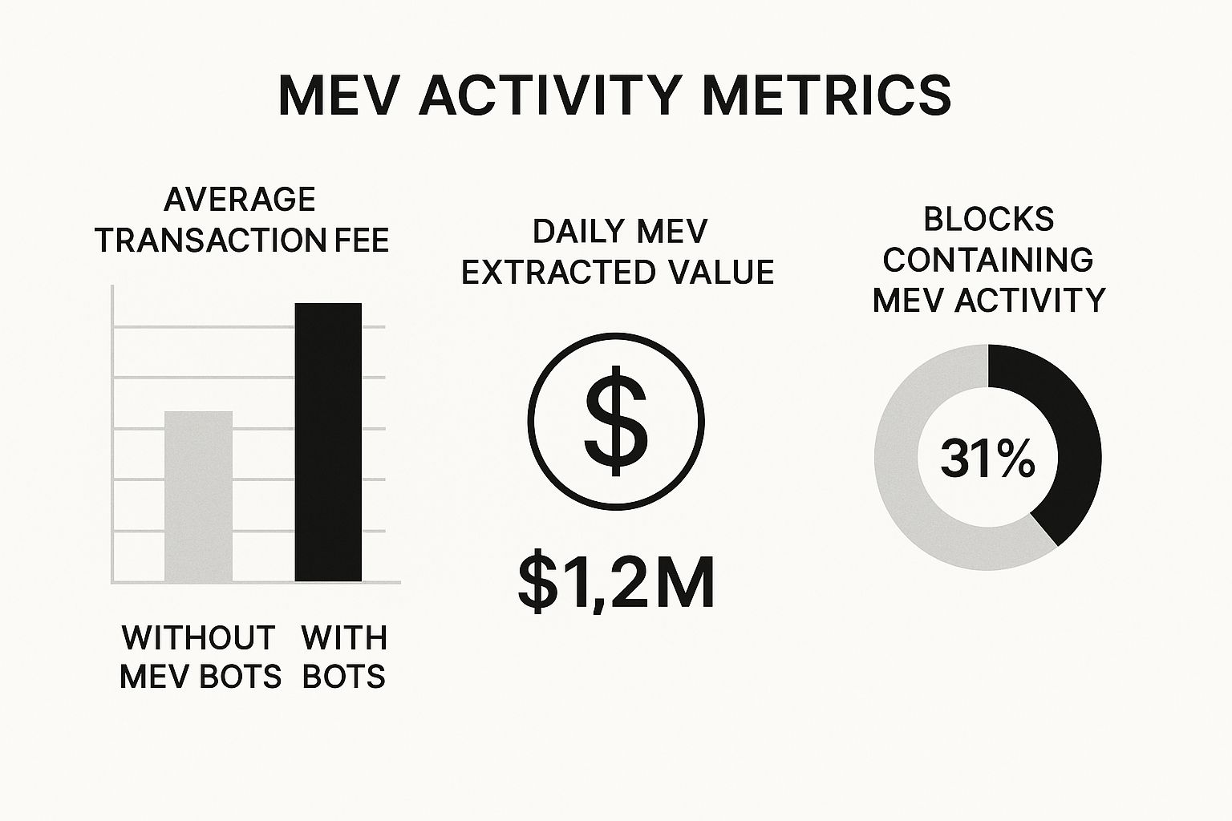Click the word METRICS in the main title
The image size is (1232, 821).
826,95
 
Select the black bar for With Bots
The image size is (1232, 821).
328,441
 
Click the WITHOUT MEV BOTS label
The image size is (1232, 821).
200,657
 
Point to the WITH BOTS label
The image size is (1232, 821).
344,657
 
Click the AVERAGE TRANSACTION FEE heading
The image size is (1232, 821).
241,220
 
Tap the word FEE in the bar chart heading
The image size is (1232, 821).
359,240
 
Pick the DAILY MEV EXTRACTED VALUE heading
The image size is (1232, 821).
618,252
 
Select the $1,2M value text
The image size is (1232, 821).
616,583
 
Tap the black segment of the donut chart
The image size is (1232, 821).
1067,433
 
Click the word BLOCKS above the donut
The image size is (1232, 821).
988,219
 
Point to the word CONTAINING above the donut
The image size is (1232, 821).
988,260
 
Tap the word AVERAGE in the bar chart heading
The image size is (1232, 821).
239,199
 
